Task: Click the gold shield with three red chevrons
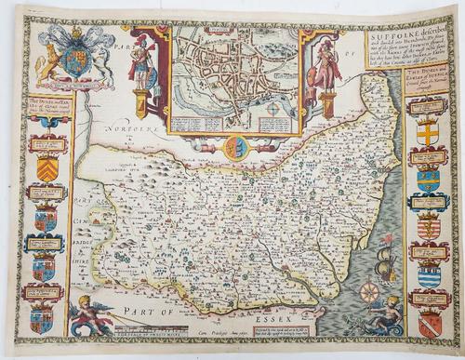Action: click(47, 168)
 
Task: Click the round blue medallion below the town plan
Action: click(236, 146)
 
